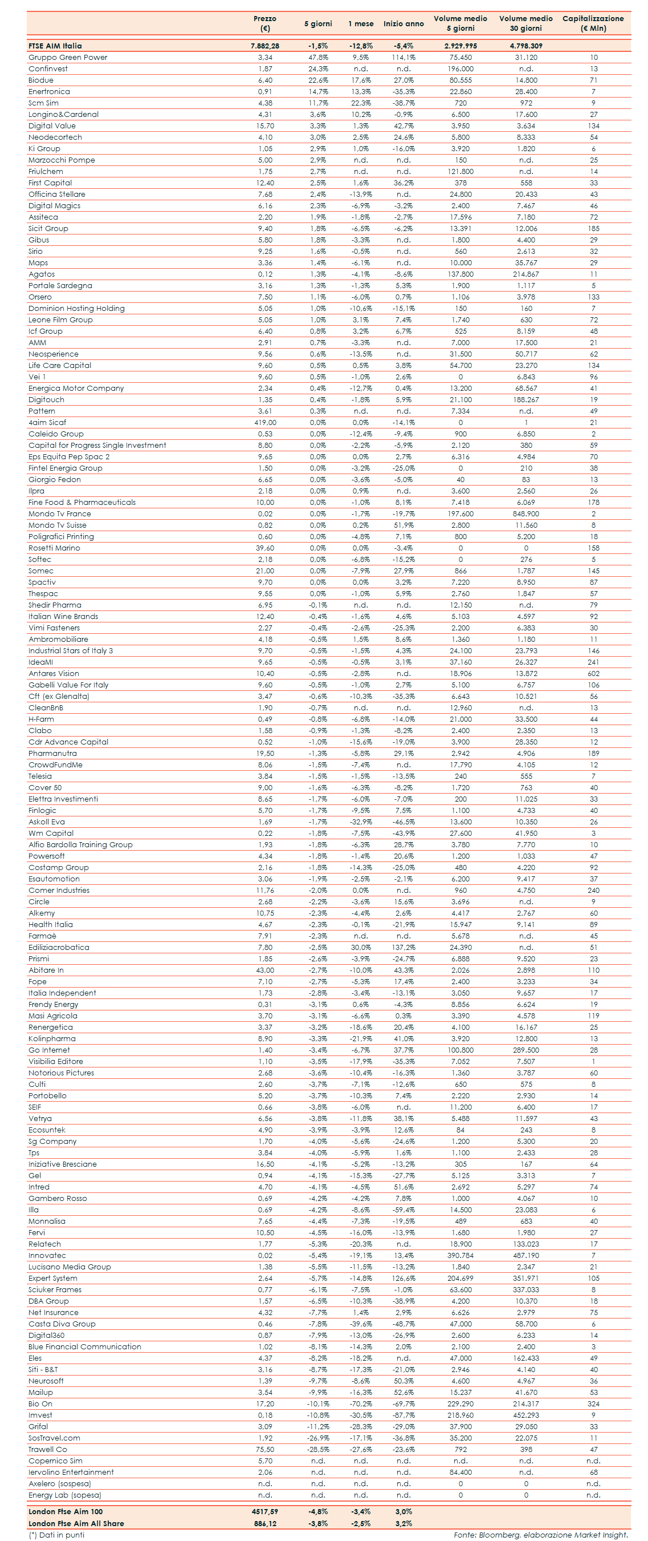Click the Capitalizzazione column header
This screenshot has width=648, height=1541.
tap(592, 23)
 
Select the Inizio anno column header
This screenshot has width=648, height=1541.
tap(404, 24)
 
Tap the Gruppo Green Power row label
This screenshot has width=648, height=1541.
tap(68, 58)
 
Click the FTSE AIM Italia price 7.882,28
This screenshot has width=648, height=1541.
tap(265, 46)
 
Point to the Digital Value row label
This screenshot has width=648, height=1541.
tap(52, 126)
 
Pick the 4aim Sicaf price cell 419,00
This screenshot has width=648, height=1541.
tap(265, 423)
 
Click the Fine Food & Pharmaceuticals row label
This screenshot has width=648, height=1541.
tap(82, 503)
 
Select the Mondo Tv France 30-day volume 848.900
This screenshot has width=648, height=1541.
tap(525, 514)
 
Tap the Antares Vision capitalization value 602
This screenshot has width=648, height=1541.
tap(593, 674)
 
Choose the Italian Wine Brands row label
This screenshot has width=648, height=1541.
tap(63, 617)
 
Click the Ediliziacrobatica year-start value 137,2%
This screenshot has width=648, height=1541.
tap(404, 948)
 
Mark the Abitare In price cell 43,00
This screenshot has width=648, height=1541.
tap(265, 970)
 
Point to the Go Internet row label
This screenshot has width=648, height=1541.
tap(49, 1050)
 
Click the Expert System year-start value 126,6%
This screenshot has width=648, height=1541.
tap(404, 1279)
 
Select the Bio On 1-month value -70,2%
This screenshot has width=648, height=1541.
tap(360, 1404)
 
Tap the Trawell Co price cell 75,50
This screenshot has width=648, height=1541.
tap(265, 1450)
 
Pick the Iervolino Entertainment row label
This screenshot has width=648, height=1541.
tap(71, 1472)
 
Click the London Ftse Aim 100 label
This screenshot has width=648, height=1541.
tap(66, 1512)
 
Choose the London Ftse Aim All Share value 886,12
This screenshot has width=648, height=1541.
tap(265, 1524)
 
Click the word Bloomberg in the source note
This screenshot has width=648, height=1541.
tap(499, 1535)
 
